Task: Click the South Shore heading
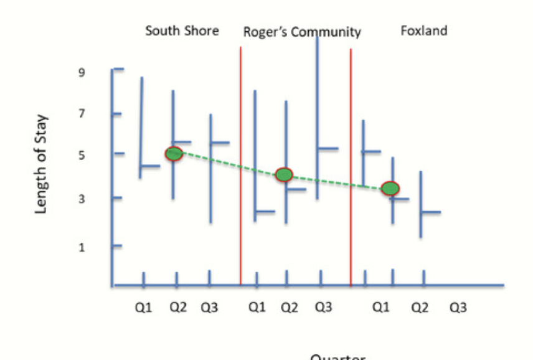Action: pyautogui.click(x=182, y=31)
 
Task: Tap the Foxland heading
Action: pyautogui.click(x=423, y=31)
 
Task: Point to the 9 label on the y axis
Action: pyautogui.click(x=81, y=72)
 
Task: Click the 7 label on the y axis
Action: pyautogui.click(x=81, y=113)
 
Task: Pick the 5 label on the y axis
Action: pyautogui.click(x=81, y=154)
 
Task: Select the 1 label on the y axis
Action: pyautogui.click(x=81, y=247)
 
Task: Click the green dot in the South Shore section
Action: pyautogui.click(x=174, y=153)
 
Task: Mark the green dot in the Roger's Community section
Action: pyautogui.click(x=284, y=175)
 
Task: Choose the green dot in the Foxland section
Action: pyautogui.click(x=390, y=188)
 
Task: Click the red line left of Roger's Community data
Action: pyautogui.click(x=241, y=156)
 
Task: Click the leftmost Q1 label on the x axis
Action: pyautogui.click(x=143, y=308)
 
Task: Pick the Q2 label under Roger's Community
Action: pyautogui.click(x=288, y=308)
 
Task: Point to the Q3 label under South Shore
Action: pyautogui.click(x=209, y=308)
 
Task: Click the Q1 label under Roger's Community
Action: pyautogui.click(x=255, y=308)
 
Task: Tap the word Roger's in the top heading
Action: pyautogui.click(x=264, y=32)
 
